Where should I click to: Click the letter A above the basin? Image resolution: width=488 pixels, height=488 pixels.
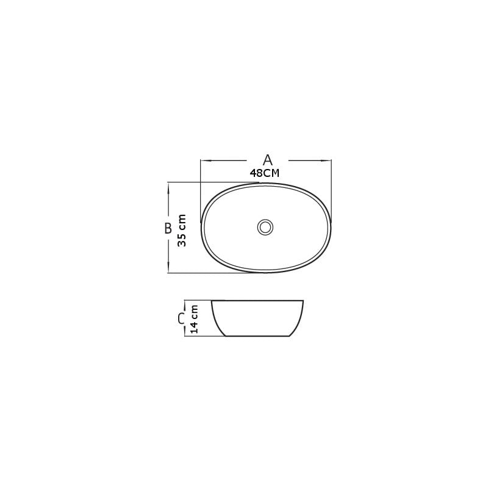(x=267, y=160)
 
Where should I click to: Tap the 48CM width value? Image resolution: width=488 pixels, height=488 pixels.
(x=265, y=173)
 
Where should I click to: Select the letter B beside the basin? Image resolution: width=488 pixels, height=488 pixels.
(x=168, y=228)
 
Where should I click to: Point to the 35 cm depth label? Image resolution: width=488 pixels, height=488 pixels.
(x=182, y=230)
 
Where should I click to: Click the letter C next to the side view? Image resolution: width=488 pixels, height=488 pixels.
(x=181, y=318)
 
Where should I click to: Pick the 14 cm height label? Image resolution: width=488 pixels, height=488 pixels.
(x=194, y=318)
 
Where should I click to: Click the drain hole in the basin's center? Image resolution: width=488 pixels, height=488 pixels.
(x=265, y=228)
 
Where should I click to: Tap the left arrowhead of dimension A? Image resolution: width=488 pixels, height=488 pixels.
(x=204, y=160)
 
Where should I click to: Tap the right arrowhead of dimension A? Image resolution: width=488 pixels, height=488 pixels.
(x=327, y=160)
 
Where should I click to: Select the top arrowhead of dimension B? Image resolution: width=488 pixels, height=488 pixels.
(x=168, y=186)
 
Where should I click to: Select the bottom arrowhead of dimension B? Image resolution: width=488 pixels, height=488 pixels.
(x=168, y=269)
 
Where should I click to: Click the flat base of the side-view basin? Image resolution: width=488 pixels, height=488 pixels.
(x=256, y=336)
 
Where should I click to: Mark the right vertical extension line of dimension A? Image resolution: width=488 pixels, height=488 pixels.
(x=331, y=189)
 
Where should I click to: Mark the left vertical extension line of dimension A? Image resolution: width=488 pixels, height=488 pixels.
(x=201, y=189)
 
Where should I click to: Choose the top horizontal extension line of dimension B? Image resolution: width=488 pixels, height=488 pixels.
(x=207, y=182)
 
